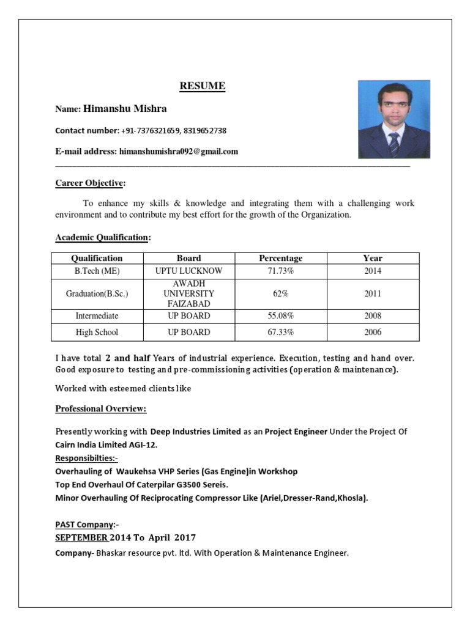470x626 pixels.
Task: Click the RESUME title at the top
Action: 203,86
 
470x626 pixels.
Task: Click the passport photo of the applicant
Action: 394,119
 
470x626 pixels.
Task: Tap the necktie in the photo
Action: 394,144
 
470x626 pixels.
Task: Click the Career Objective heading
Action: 90,183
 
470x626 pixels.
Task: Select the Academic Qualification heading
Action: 102,237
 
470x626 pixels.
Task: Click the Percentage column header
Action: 280,258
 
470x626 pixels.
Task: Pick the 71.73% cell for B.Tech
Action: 280,271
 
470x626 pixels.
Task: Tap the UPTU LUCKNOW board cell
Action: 188,271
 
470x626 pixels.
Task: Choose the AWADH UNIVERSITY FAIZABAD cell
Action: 188,293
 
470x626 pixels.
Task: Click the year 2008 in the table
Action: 372,316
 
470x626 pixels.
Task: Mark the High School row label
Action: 97,333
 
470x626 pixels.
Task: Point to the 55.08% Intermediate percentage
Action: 280,316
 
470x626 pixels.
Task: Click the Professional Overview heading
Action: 101,408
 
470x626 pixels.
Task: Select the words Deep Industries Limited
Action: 195,432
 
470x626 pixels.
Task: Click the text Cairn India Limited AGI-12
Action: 106,445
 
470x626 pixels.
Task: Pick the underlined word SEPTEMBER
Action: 82,538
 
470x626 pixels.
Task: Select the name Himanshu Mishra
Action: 125,109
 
